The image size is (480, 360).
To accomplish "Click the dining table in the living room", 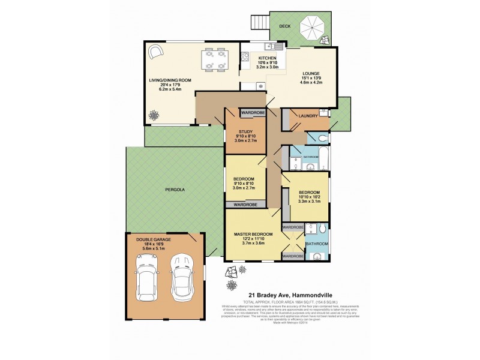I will [215, 59].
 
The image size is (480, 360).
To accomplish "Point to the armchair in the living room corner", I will [155, 52].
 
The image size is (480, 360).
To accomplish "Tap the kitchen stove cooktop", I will [245, 58].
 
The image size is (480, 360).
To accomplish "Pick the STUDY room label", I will [244, 132].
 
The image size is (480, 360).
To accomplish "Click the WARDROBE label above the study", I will [253, 112].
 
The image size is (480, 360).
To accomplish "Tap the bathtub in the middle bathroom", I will [324, 159].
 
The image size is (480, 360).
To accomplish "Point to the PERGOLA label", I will [175, 190].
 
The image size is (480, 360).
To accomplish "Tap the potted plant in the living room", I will [155, 114].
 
